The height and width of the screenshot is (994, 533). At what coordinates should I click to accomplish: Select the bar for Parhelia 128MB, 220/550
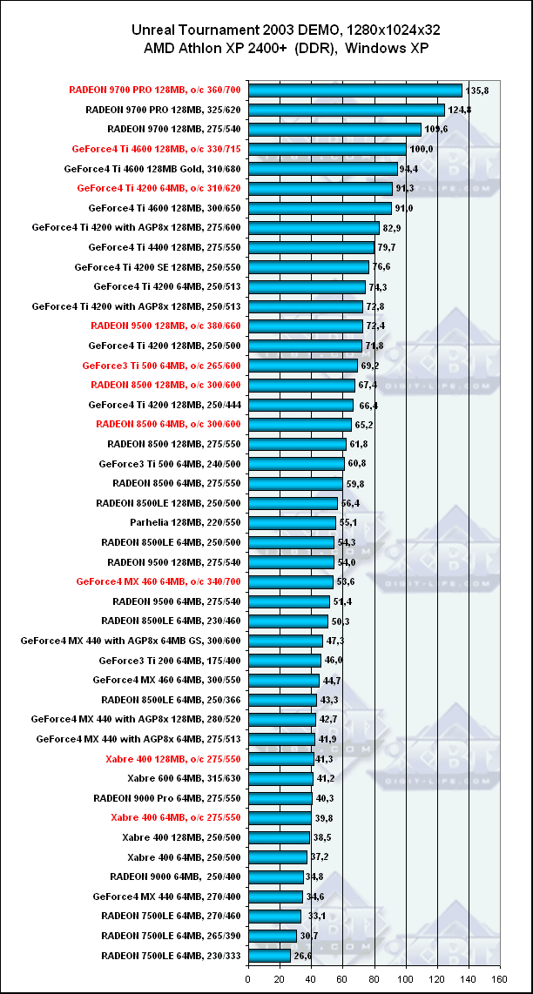(293, 522)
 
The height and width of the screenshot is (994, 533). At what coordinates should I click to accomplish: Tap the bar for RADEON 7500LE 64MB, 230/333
(269, 956)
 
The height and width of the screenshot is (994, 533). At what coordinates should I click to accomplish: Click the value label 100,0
(422, 149)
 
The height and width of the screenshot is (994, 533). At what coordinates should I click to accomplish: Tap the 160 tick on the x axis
(499, 979)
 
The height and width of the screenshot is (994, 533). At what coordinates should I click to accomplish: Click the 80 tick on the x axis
(374, 979)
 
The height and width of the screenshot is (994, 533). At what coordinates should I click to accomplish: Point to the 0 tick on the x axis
(249, 979)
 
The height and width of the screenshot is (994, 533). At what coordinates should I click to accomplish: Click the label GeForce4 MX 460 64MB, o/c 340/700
(159, 581)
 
